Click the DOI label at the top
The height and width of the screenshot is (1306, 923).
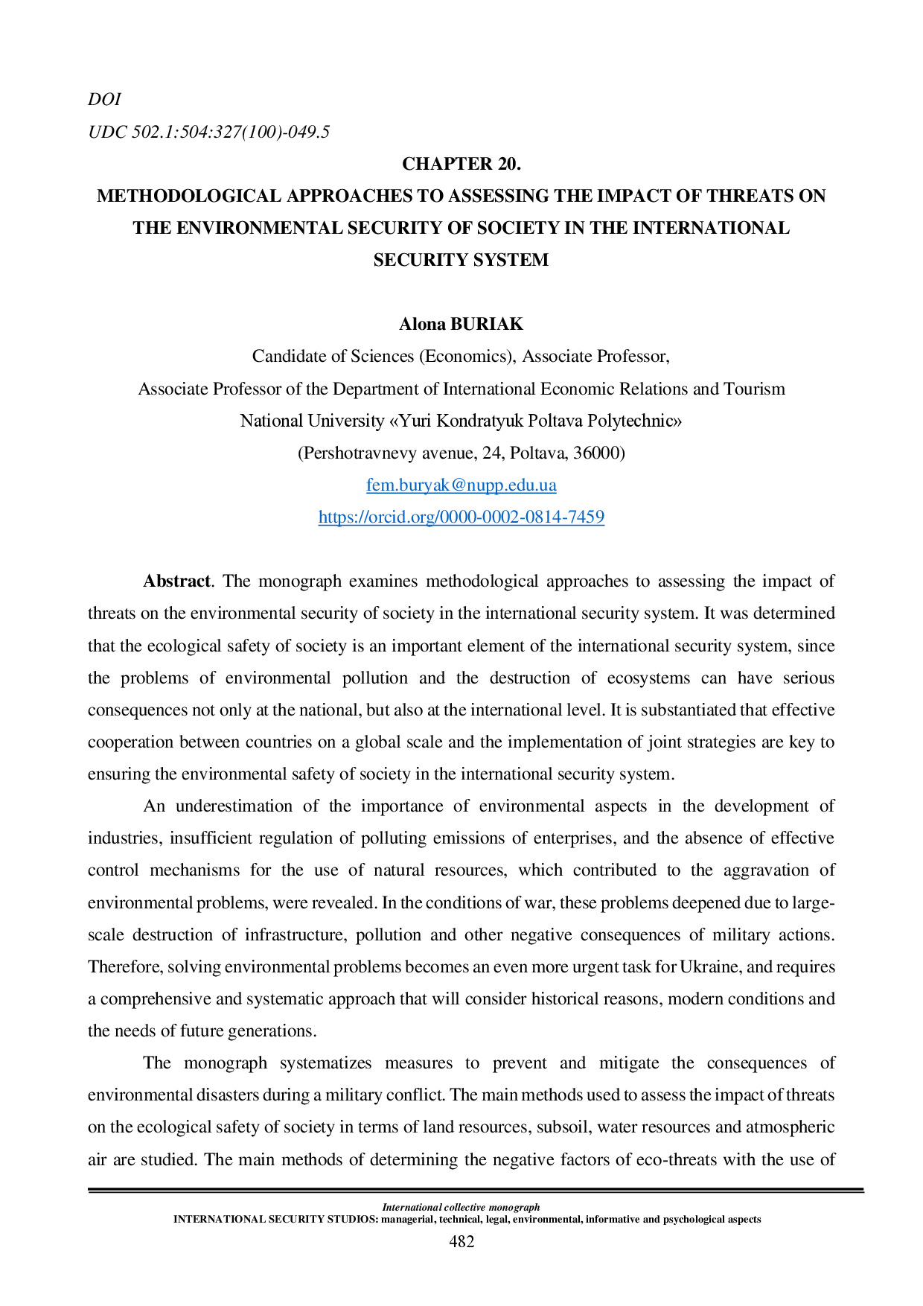(104, 99)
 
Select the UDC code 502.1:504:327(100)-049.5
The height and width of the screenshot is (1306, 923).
(208, 132)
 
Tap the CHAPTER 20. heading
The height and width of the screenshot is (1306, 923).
(461, 164)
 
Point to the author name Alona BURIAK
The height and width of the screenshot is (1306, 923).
(461, 324)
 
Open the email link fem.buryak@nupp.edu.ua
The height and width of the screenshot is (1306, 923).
(461, 485)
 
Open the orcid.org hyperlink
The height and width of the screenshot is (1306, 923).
(461, 517)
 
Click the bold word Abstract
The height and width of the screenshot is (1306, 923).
(176, 582)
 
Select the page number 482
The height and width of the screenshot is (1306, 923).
(461, 1241)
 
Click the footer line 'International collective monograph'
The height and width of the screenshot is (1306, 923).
(461, 1207)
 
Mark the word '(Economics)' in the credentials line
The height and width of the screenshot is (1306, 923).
(467, 356)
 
